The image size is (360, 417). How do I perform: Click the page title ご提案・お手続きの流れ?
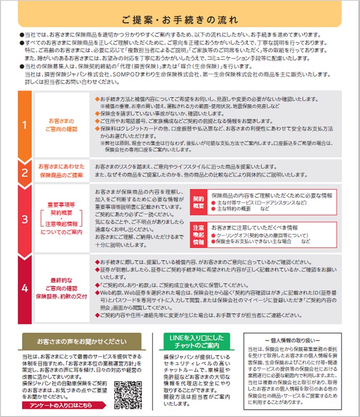(179, 20)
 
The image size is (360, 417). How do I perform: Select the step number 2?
(24, 172)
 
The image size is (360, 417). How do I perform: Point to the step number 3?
(24, 219)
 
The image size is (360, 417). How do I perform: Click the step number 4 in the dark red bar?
(24, 288)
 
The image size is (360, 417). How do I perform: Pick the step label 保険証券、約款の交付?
(62, 297)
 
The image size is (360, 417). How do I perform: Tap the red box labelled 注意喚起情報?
(199, 234)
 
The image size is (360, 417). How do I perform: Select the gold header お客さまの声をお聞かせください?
(81, 341)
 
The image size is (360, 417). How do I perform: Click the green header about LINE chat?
(196, 341)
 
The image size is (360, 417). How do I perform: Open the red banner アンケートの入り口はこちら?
(67, 406)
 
